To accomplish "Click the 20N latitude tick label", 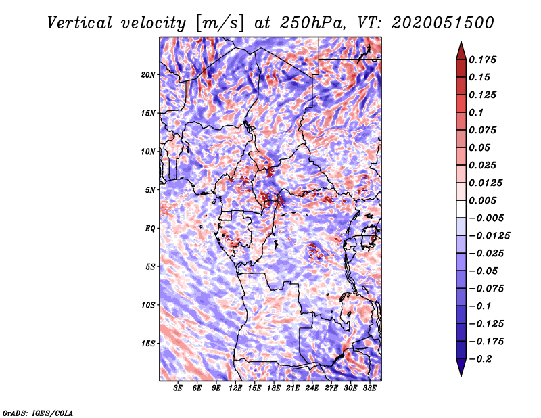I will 149,74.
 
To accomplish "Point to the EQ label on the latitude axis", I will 150,228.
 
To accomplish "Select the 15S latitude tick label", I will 149,343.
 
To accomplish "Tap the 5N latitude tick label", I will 151,190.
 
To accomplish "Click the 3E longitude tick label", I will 179,388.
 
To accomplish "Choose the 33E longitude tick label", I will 369,388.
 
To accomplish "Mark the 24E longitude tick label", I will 312,388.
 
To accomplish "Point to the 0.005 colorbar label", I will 484,201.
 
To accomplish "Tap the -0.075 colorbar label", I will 488,289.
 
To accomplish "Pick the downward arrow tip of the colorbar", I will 461,374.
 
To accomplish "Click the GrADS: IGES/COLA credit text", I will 38,412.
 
